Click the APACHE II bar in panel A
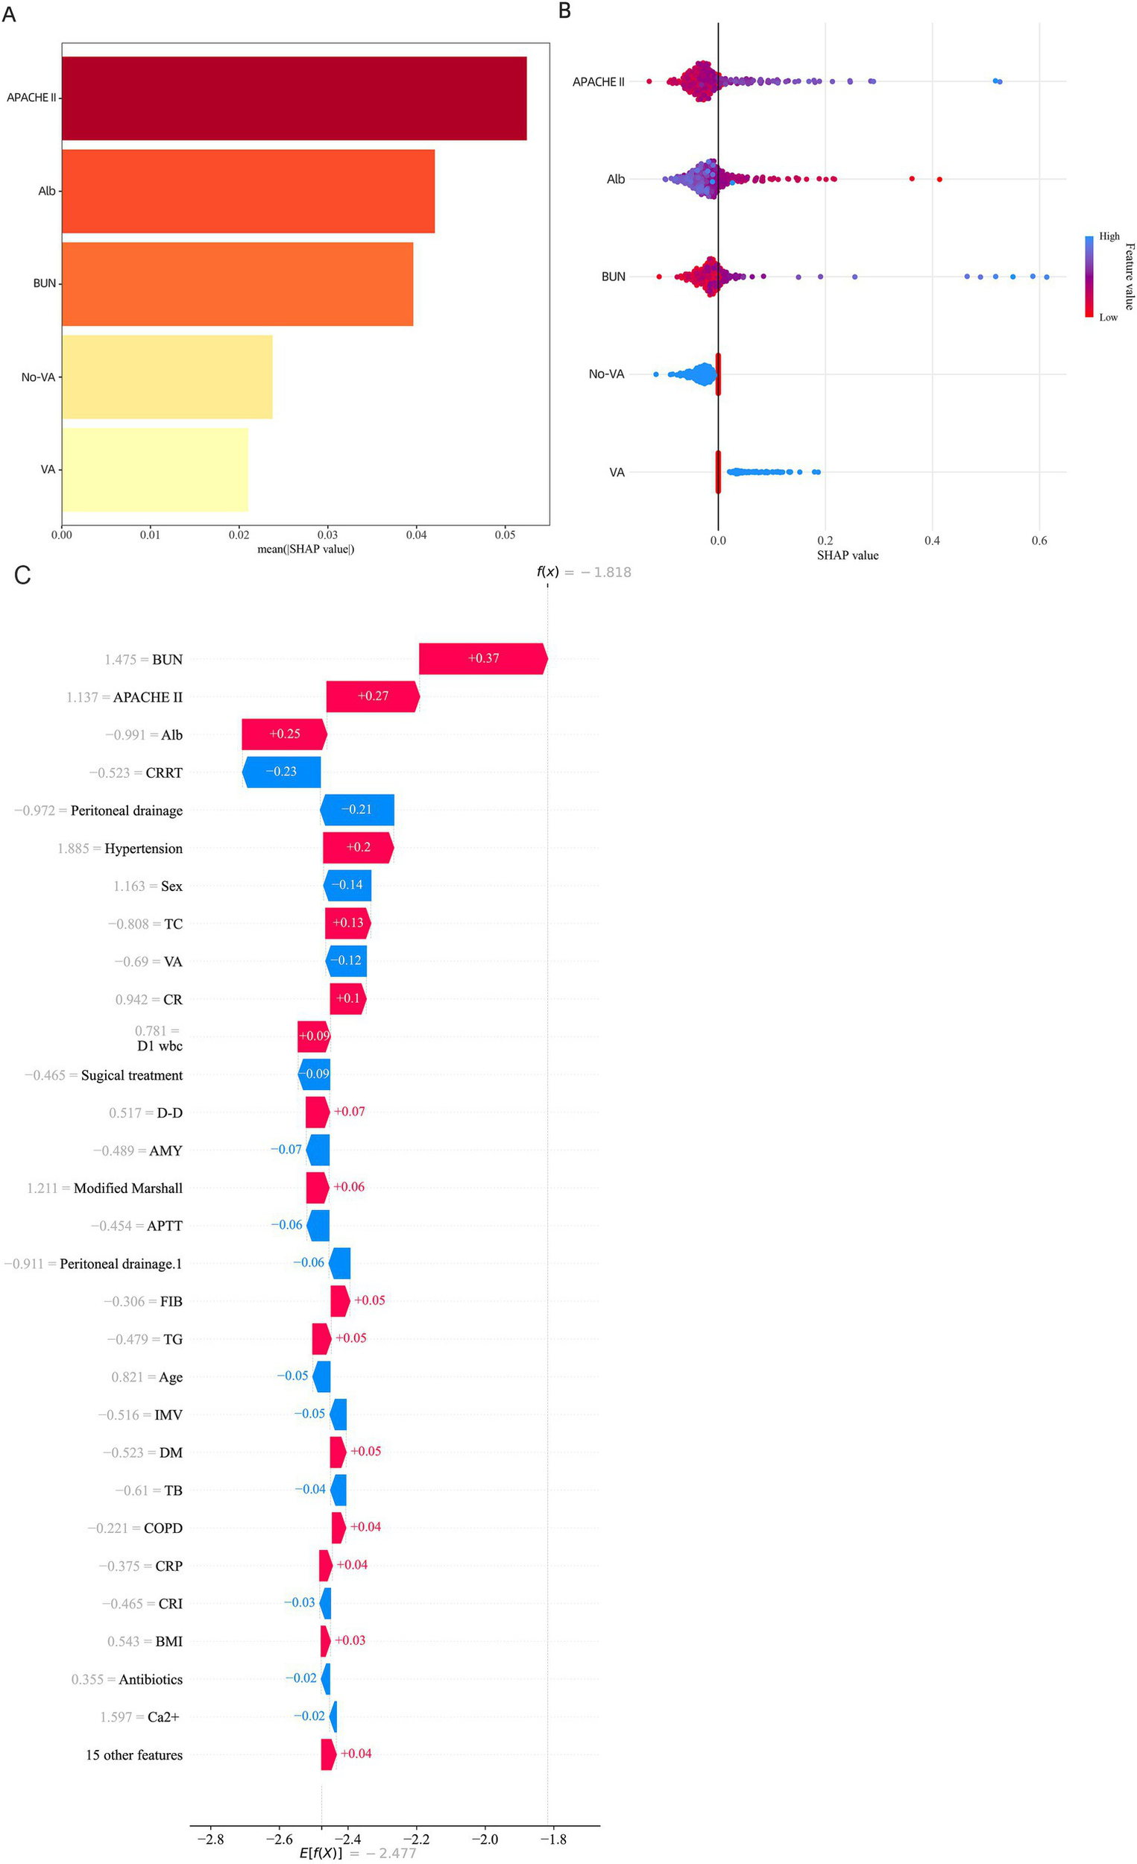(x=294, y=98)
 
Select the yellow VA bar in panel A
(x=155, y=470)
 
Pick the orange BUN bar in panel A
(x=237, y=283)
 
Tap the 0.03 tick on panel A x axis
(x=327, y=535)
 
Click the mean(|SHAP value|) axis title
(x=306, y=550)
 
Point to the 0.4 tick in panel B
(x=932, y=541)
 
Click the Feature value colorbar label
(x=1129, y=276)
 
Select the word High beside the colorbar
(x=1109, y=236)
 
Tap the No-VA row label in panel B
(x=606, y=374)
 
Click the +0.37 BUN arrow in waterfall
(x=482, y=658)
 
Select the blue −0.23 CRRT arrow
(x=281, y=772)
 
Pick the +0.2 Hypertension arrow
(x=358, y=847)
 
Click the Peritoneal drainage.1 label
(x=120, y=1263)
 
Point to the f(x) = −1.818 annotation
(x=583, y=572)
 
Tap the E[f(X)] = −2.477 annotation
(x=358, y=1853)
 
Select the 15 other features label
(x=134, y=1754)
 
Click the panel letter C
(x=22, y=575)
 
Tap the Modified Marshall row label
(x=127, y=1188)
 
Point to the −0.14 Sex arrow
(x=347, y=885)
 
